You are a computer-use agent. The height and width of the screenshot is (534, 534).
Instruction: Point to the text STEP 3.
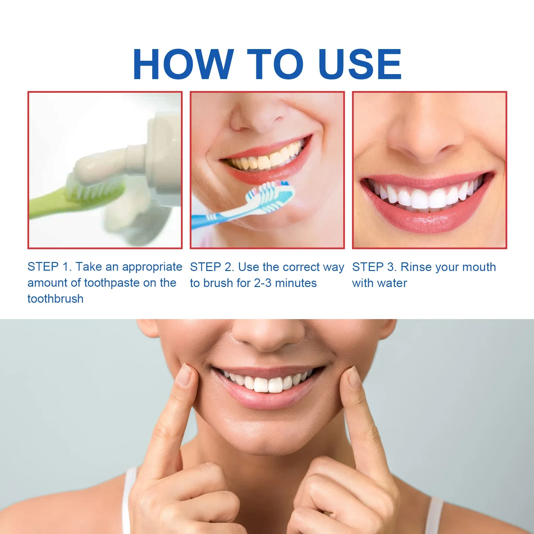click(374, 267)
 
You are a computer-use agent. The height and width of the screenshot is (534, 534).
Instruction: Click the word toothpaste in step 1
click(112, 283)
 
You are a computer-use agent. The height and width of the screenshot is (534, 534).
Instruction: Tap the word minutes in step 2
click(296, 283)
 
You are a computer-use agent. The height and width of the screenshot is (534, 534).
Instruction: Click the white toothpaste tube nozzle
click(137, 160)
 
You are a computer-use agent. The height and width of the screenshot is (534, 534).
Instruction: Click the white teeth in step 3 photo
click(424, 197)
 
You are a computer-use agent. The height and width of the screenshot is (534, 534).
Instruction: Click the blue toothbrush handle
click(217, 217)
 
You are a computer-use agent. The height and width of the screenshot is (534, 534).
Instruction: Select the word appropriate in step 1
click(152, 267)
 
